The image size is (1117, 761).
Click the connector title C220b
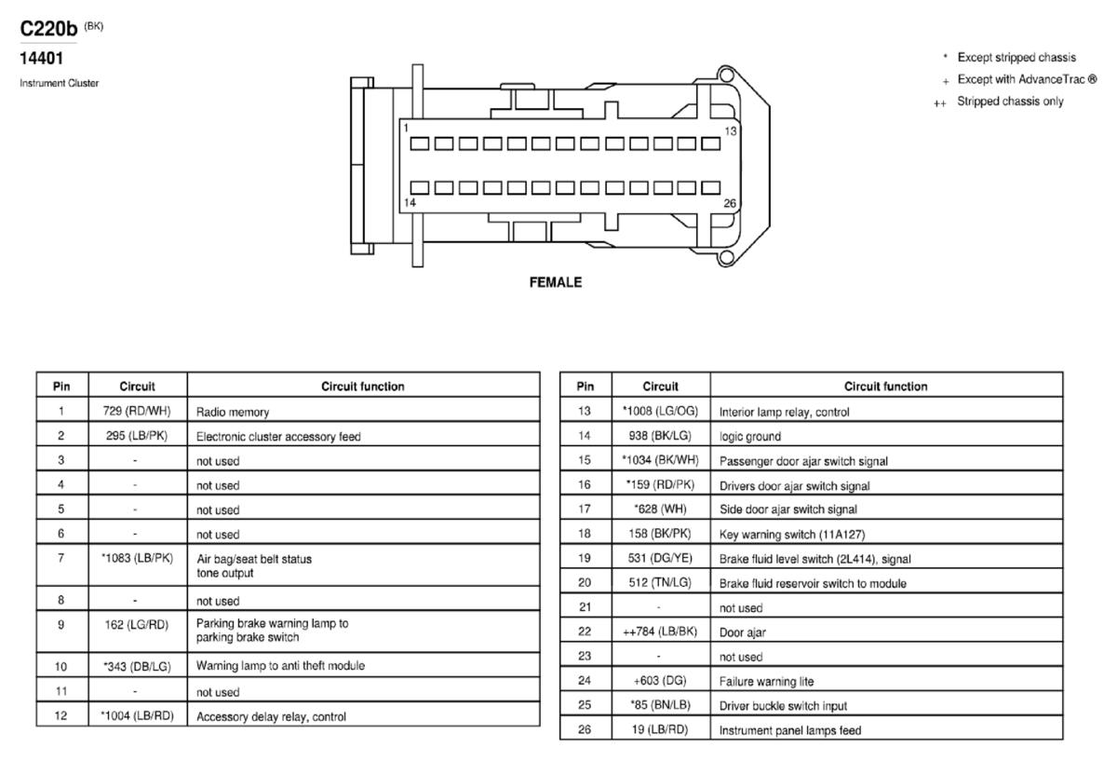[48, 29]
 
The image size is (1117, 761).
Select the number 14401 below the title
[41, 59]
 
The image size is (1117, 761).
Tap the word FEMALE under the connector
[556, 282]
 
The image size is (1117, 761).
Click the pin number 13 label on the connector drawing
[730, 131]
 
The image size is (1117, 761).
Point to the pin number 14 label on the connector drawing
[410, 202]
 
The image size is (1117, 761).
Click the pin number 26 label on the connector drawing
[730, 203]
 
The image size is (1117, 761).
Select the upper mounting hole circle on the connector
[726, 75]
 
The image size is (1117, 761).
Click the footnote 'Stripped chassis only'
[1010, 102]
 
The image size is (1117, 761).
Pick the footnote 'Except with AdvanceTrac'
[1027, 79]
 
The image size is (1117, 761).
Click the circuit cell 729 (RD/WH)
[137, 411]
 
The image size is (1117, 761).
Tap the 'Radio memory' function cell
[233, 413]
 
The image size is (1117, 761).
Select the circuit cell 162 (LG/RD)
[137, 625]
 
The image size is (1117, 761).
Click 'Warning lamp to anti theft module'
[280, 666]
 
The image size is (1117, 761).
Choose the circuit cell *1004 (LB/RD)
[137, 716]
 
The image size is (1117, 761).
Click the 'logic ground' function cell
[750, 437]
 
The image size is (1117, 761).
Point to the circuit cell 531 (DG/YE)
[660, 558]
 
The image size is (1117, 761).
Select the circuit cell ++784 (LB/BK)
[660, 632]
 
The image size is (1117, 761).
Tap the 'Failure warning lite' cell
[766, 681]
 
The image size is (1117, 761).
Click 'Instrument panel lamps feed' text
[790, 730]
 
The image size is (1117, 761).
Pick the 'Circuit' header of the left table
[137, 387]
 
